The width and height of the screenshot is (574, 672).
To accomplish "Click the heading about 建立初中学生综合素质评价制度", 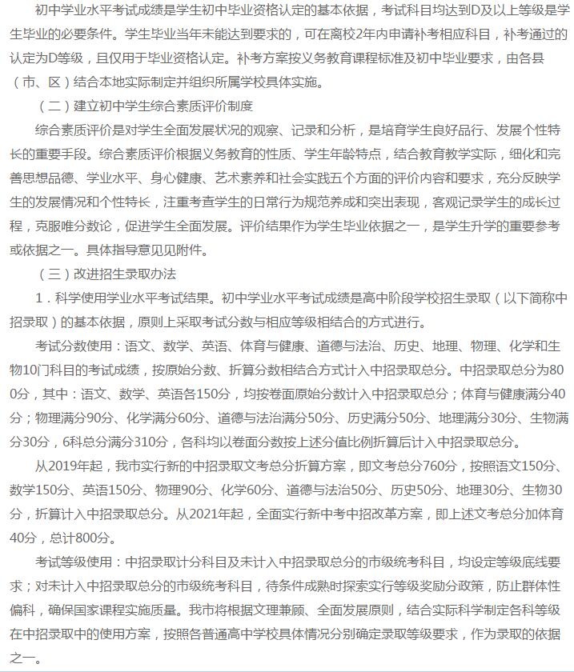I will (x=145, y=106).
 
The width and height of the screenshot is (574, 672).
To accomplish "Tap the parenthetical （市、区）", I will (x=44, y=82).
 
